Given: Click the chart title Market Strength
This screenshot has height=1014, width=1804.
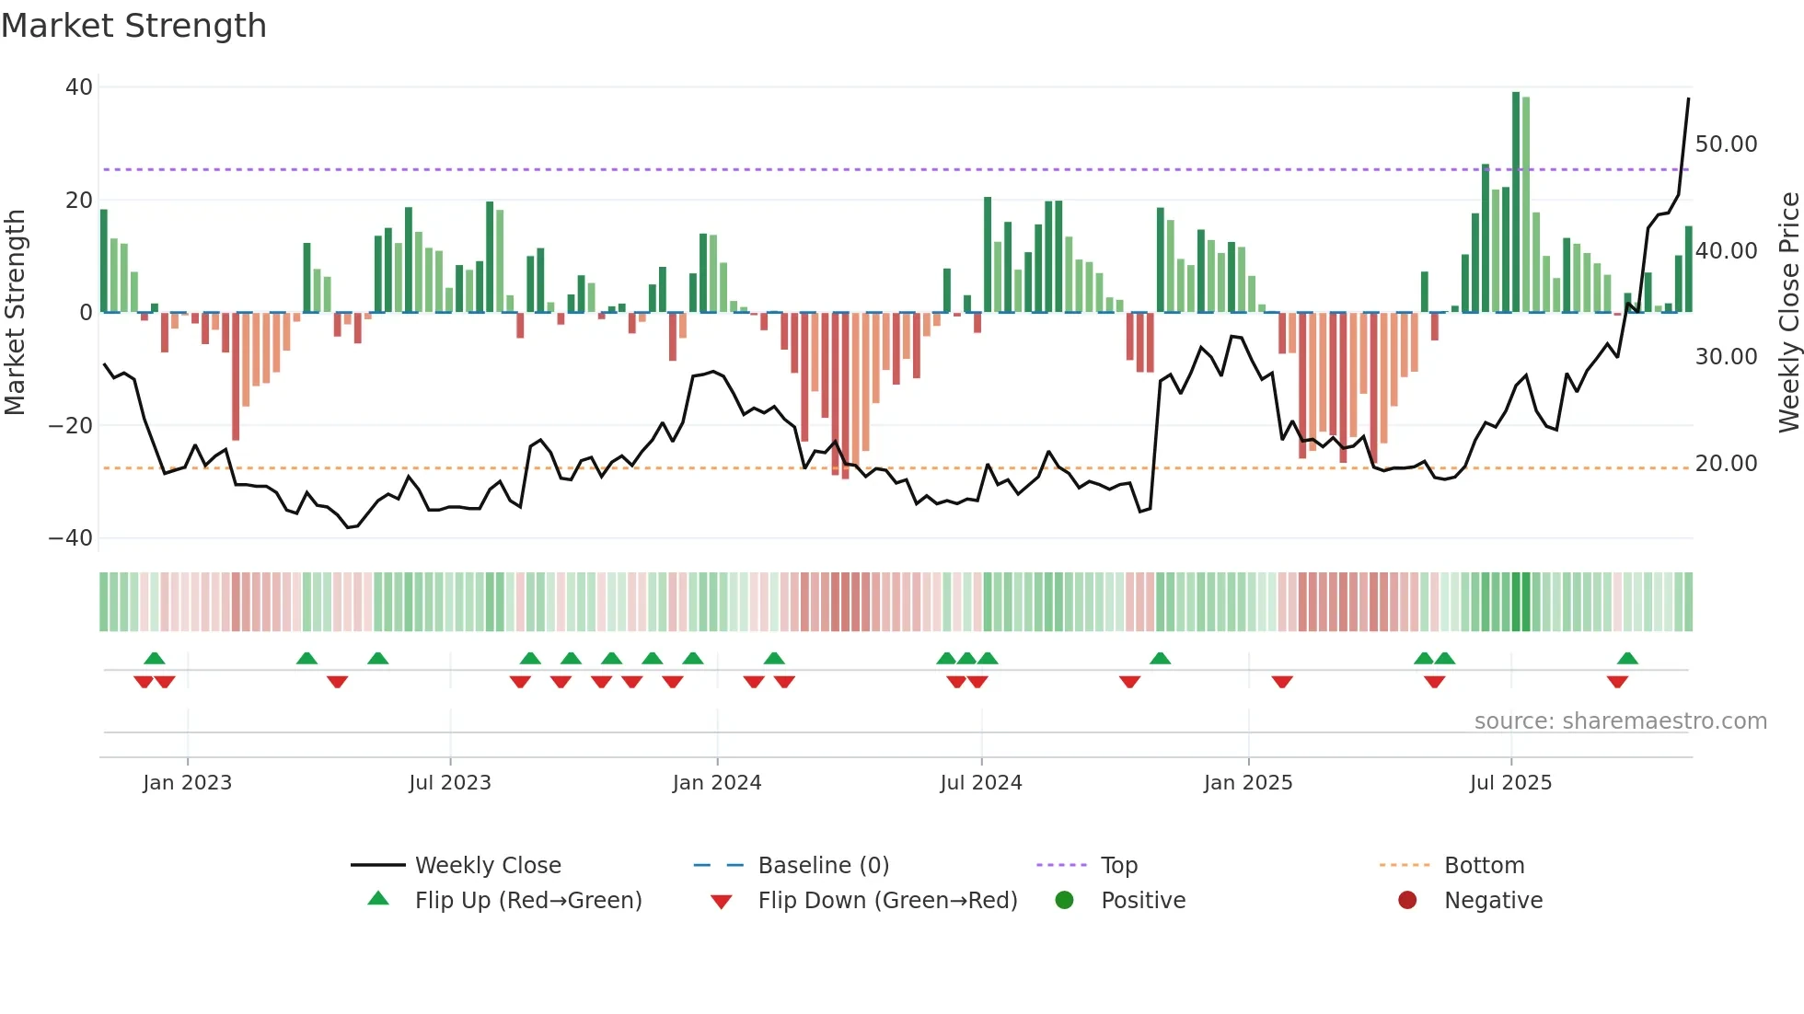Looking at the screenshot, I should pos(133,26).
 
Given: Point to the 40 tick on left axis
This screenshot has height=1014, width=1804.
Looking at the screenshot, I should pos(79,87).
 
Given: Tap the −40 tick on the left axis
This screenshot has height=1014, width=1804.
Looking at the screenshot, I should pos(71,538).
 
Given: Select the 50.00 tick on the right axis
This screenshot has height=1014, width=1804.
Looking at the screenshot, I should pos(1726,144).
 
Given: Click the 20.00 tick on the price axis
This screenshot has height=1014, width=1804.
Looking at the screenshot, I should pos(1726,464).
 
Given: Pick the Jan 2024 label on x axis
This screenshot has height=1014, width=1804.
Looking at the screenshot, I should pos(717,783).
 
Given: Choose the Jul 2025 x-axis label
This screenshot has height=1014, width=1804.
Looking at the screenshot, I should pos(1510,783).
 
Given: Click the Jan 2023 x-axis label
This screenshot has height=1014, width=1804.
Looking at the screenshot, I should pos(188,783).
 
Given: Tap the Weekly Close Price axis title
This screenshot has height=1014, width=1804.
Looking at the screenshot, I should pos(1788,313).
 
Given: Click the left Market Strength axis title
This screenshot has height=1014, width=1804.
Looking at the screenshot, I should pos(15,313).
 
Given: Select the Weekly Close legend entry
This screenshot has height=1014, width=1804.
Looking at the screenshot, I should pos(488,866).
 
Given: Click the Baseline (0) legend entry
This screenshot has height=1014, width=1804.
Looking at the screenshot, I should pos(823,866).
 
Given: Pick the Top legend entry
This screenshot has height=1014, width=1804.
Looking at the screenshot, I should pos(1119,866).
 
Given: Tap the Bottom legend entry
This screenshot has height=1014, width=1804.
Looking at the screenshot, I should pos(1484,866).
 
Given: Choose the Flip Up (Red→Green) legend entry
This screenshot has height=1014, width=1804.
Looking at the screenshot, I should pos(528,901).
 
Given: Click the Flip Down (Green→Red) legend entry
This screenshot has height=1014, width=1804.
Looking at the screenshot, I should pos(887,901).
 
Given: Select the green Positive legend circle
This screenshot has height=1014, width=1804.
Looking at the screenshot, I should pos(1065,900).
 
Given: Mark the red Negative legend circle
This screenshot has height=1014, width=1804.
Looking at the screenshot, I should pos(1407,900).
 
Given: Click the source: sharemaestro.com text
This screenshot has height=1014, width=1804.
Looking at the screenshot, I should pos(1620,721).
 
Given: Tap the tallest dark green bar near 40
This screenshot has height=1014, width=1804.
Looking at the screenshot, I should pos(1516,202).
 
